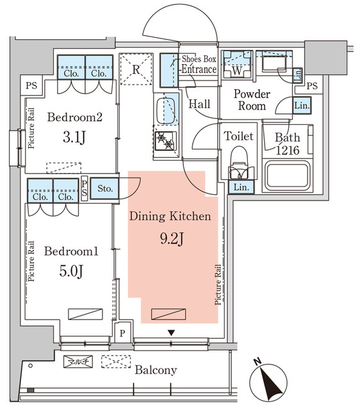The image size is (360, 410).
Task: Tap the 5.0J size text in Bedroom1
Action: coord(70,270)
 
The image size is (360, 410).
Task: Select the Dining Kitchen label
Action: coord(170,217)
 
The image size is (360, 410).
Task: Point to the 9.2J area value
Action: coord(171,240)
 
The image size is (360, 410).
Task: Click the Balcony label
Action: coord(156,370)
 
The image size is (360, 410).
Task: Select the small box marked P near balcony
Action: coord(122,333)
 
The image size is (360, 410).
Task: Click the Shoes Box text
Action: coord(199,59)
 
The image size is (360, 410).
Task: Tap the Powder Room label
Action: coord(252,100)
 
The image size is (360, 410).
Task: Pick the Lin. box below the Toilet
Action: coord(241,186)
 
